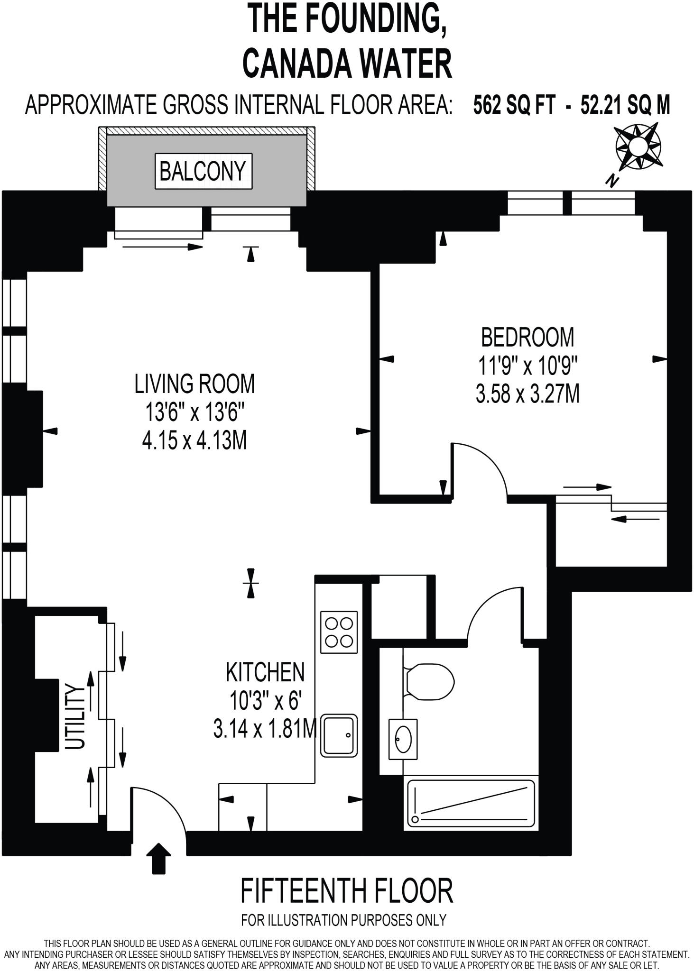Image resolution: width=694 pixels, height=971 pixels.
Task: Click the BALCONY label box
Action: (x=204, y=171)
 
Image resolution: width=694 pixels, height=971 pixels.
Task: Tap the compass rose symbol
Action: (x=638, y=146)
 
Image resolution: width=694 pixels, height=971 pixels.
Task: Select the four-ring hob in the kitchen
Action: (x=339, y=632)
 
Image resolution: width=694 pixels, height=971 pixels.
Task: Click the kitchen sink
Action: (x=339, y=735)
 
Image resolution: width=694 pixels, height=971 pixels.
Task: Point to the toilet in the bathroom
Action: (x=429, y=682)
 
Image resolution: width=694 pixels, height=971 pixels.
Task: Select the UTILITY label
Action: (x=75, y=716)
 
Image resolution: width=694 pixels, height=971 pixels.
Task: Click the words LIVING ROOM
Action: (x=194, y=384)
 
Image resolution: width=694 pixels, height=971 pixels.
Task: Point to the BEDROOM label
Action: (x=527, y=338)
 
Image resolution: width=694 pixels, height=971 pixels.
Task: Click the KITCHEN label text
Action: (x=265, y=672)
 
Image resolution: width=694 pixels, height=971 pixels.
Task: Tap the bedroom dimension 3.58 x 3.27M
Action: (x=527, y=394)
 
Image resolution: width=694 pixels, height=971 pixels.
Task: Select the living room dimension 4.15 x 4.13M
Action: (x=194, y=441)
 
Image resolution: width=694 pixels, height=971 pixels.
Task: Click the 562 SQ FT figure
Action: (x=514, y=105)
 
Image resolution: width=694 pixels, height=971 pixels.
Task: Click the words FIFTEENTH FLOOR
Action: (x=347, y=891)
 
